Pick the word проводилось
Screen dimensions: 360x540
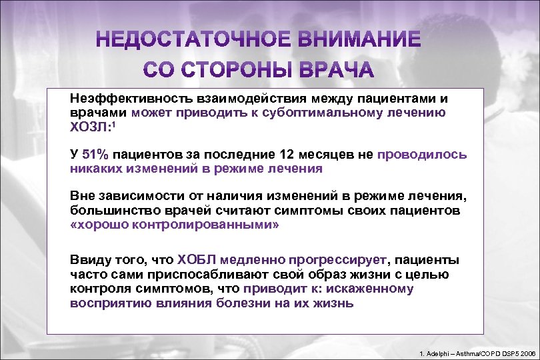(422, 155)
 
